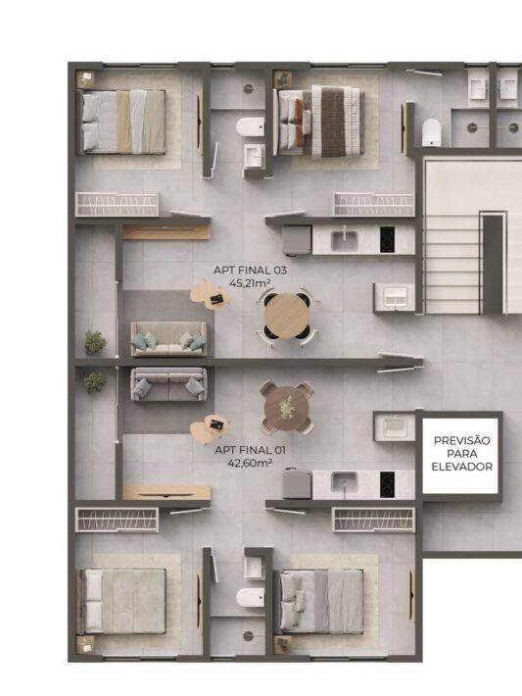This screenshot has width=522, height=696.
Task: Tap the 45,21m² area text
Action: pos(250,282)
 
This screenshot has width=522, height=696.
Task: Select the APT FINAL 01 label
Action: pos(250,450)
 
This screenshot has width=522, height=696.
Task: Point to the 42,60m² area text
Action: pos(250,463)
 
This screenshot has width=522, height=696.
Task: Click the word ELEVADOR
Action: pos(461,467)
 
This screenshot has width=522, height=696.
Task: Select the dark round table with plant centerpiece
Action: pos(287,408)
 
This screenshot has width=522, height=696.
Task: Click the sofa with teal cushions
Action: pos(168,338)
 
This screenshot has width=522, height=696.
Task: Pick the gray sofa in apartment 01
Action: pos(168,384)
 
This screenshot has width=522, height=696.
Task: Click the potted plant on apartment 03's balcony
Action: pos(95,342)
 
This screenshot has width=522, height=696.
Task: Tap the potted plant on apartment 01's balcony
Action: pos(94,381)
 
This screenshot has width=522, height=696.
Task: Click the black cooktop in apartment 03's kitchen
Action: pos(387,240)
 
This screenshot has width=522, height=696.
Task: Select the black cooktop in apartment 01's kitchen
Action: pos(387,484)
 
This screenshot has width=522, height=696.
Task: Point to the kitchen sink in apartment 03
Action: pos(345,240)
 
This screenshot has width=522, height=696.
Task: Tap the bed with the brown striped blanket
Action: pos(319,121)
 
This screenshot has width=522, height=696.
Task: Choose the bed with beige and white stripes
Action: pos(121,123)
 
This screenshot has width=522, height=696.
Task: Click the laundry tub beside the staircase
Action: pos(395,297)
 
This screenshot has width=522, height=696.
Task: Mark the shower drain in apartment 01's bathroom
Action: pos(249,635)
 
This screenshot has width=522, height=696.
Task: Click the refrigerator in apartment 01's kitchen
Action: pos(297,484)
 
